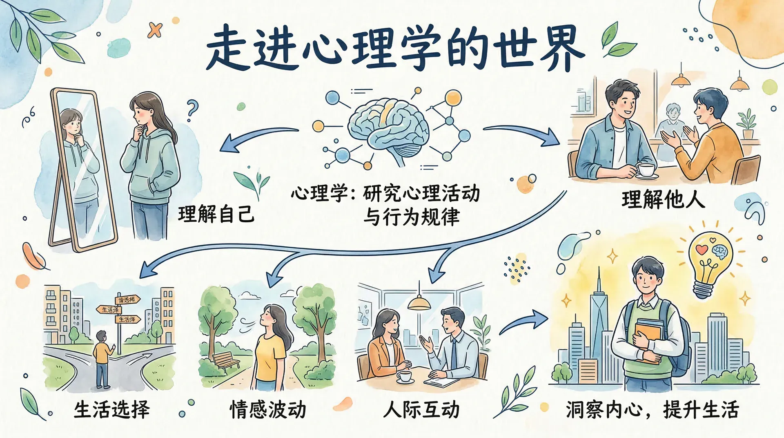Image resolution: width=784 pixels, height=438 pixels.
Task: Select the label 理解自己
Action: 216,214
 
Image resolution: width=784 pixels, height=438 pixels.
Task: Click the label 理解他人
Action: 663,200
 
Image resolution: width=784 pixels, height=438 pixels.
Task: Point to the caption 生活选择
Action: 112,409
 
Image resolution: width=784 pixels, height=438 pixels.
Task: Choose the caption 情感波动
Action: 268,409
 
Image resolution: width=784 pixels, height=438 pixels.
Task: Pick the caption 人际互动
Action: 421,409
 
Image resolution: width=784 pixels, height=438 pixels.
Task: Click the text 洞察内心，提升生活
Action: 652,409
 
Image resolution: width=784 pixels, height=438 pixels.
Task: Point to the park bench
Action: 225,360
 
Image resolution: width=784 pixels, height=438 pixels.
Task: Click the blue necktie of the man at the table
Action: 454,354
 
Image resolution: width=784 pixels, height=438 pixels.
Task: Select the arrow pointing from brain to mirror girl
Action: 257,137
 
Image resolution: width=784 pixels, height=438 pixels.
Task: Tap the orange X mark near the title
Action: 155,30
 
